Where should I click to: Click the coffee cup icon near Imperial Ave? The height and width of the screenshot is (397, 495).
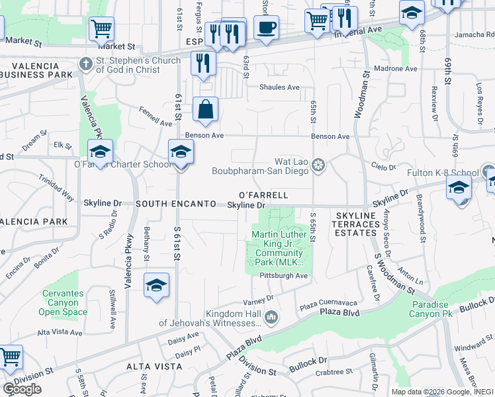pyautogui.click(x=266, y=28)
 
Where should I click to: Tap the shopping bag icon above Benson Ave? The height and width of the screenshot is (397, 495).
pyautogui.click(x=206, y=109)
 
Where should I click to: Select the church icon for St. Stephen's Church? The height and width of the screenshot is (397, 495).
pyautogui.click(x=83, y=64)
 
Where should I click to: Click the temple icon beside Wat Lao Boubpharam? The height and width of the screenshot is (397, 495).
pyautogui.click(x=319, y=164)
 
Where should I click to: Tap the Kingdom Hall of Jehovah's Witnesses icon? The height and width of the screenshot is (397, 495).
pyautogui.click(x=271, y=318)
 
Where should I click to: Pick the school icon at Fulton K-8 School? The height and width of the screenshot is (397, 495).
pyautogui.click(x=459, y=187)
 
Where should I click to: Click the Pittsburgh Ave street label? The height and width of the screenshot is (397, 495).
pyautogui.click(x=284, y=275)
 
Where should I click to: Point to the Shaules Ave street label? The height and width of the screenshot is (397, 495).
pyautogui.click(x=279, y=87)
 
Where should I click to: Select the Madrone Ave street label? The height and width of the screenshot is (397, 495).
pyautogui.click(x=396, y=68)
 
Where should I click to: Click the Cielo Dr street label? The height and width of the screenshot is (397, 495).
pyautogui.click(x=383, y=168)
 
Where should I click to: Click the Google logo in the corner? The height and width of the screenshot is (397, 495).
pyautogui.click(x=22, y=389)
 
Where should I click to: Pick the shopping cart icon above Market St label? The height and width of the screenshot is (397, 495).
pyautogui.click(x=101, y=29)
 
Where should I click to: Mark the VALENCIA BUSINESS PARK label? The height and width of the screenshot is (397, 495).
pyautogui.click(x=36, y=69)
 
